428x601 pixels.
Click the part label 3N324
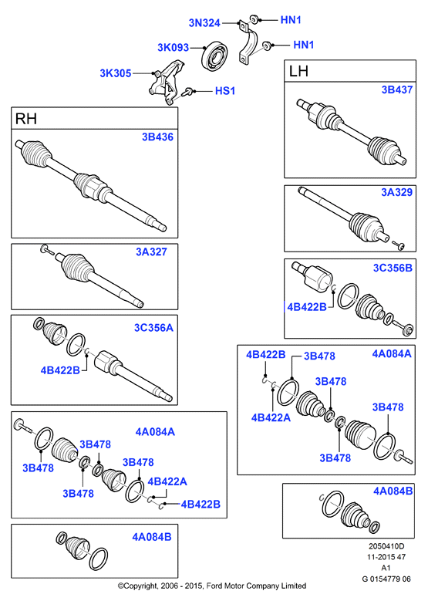pyautogui.click(x=204, y=23)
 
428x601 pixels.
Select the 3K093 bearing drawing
pyautogui.click(x=214, y=57)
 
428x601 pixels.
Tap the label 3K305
pyautogui.click(x=116, y=73)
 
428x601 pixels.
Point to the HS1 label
pyautogui.click(x=225, y=91)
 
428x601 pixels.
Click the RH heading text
pyautogui.click(x=25, y=119)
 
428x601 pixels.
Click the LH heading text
pyautogui.click(x=298, y=71)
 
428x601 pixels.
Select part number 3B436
pyautogui.click(x=157, y=137)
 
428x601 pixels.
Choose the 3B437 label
pyautogui.click(x=397, y=89)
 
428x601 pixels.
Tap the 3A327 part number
pyautogui.click(x=151, y=252)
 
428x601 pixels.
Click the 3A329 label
pyautogui.click(x=397, y=192)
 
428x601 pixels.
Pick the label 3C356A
pyautogui.click(x=153, y=327)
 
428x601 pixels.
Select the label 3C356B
pyautogui.click(x=393, y=268)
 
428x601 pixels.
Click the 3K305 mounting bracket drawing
pyautogui.click(x=166, y=83)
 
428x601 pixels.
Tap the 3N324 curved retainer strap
pyautogui.click(x=248, y=42)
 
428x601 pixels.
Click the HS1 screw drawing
pyautogui.click(x=187, y=92)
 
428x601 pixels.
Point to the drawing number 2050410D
pyautogui.click(x=386, y=546)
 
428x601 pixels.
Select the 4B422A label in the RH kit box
pyautogui.click(x=167, y=481)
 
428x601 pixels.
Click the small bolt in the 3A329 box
pyautogui.click(x=399, y=245)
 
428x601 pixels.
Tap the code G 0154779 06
pyautogui.click(x=386, y=579)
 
